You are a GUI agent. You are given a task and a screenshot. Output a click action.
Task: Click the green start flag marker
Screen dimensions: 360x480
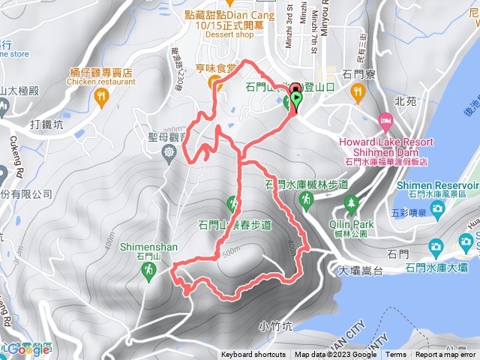(x=297, y=99)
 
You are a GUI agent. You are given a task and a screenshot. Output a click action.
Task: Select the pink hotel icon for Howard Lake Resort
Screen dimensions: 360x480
(x=385, y=120)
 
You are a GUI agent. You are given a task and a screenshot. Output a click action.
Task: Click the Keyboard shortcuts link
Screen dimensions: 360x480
(x=253, y=355)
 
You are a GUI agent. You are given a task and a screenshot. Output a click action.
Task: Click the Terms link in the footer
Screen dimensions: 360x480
(x=396, y=355)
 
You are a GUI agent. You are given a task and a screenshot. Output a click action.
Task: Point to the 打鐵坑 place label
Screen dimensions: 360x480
(x=46, y=123)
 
